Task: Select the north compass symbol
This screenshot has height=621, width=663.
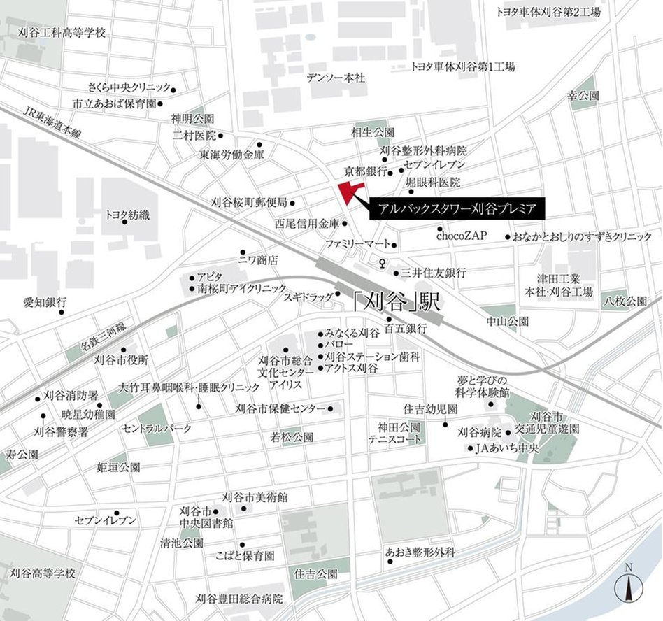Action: pos(628,586)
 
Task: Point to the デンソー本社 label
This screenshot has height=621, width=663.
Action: pos(336,78)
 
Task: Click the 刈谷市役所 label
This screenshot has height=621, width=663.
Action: pos(122,360)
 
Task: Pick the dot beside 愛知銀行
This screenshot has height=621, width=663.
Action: pos(61,312)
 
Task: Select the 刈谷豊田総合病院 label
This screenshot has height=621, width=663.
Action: pos(239,599)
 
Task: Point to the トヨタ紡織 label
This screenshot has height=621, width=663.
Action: pos(127,216)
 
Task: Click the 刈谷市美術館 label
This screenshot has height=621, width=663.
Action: pos(255,497)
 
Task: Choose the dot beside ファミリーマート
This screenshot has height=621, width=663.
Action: pos(394,245)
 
